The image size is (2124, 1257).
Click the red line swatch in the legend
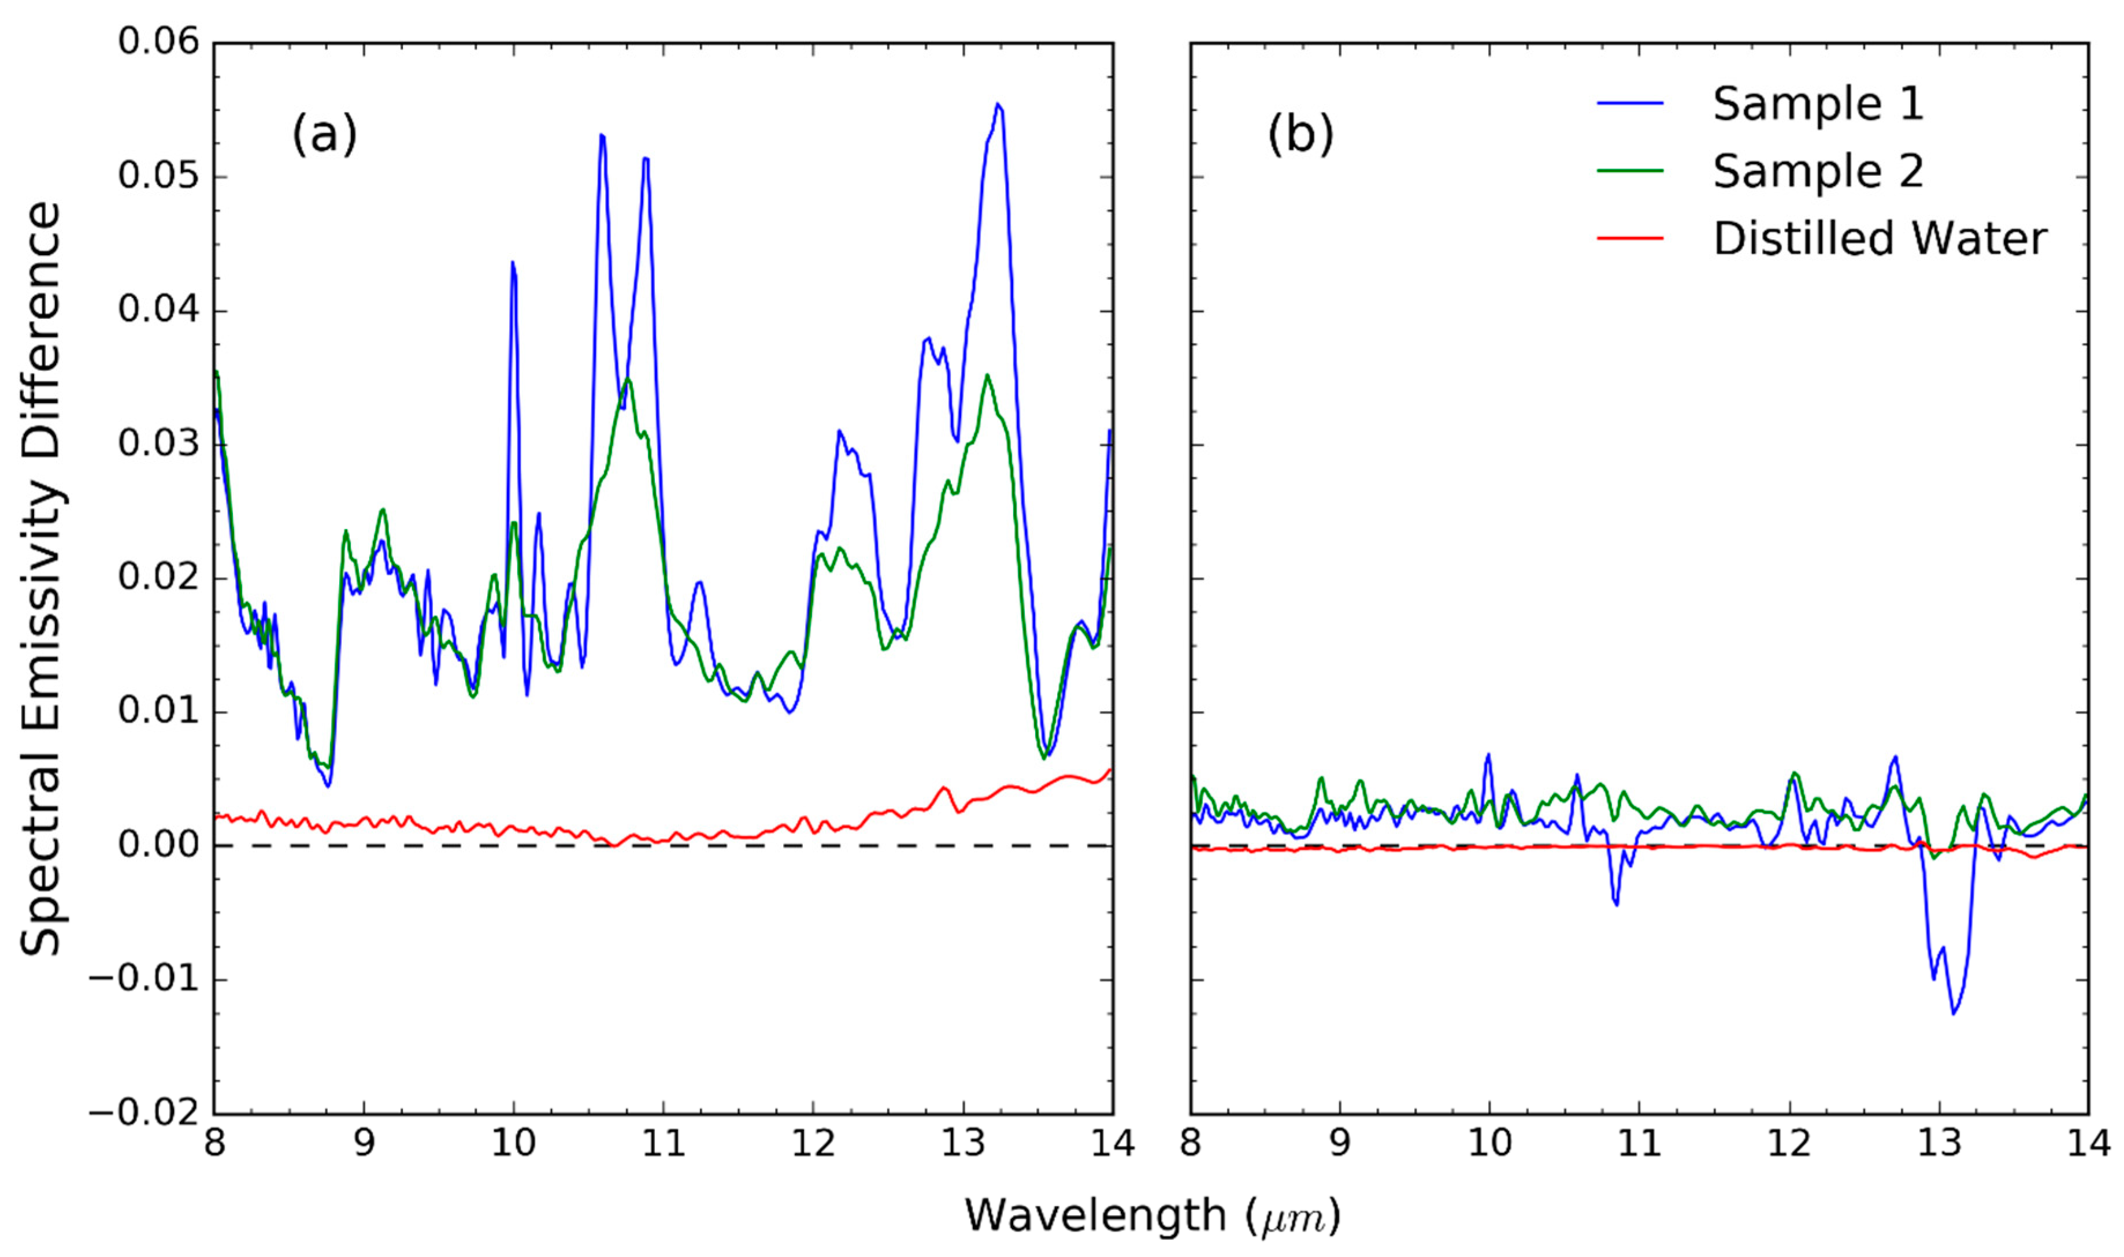tap(1630, 238)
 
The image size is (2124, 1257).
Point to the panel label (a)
tap(324, 134)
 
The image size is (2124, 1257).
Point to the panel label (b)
tap(1300, 134)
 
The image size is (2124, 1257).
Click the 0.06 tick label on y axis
tap(158, 40)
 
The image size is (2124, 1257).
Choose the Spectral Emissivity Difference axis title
tap(40, 578)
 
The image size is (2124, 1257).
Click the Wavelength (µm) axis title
tap(1152, 1217)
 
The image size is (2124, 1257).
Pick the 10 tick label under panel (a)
tap(513, 1144)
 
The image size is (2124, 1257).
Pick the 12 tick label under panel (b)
tap(1789, 1144)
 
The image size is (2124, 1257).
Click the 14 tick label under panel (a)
tap(1111, 1144)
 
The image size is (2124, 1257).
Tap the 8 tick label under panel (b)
tap(1191, 1144)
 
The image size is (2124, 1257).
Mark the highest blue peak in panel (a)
tap(998, 104)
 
